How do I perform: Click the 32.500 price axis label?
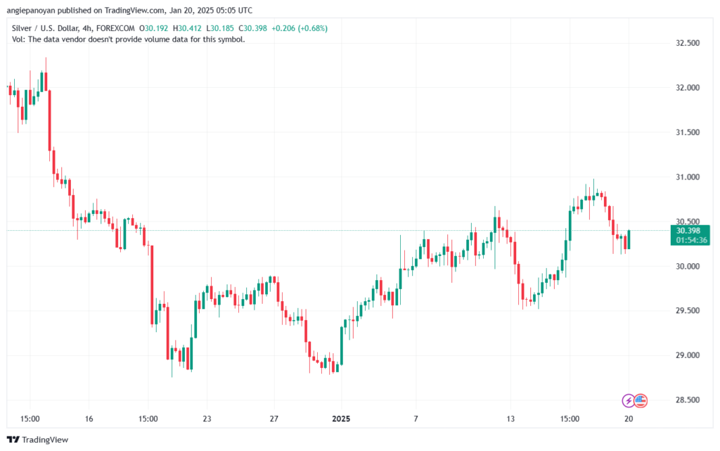pyautogui.click(x=687, y=43)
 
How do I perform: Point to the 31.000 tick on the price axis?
pyautogui.click(x=687, y=177)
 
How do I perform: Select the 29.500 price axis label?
pyautogui.click(x=687, y=311)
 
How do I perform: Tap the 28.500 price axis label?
pyautogui.click(x=687, y=400)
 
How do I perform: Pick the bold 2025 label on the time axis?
pyautogui.click(x=340, y=419)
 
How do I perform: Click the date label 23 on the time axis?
pyautogui.click(x=207, y=419)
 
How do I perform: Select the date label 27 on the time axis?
pyautogui.click(x=274, y=419)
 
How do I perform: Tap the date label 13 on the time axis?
pyautogui.click(x=511, y=419)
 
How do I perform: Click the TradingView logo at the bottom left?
pyautogui.click(x=40, y=440)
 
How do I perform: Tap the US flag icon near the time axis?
pyautogui.click(x=640, y=401)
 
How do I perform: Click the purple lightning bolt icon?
pyautogui.click(x=629, y=401)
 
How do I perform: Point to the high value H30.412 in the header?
pyautogui.click(x=185, y=28)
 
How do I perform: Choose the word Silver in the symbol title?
pyautogui.click(x=23, y=28)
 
